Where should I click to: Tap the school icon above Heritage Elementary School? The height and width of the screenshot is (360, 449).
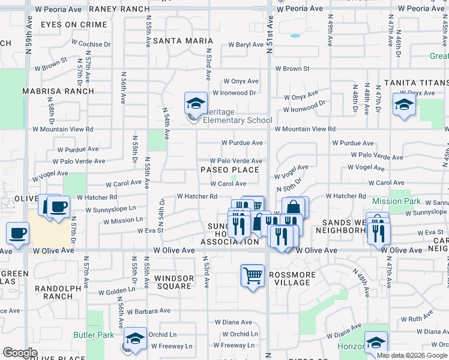(x=196, y=104)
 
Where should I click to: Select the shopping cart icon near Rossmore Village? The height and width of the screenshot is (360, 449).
(x=253, y=276)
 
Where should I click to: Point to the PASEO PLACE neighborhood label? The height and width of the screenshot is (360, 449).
(x=230, y=170)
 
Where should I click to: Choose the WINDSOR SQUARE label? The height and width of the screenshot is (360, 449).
(x=173, y=282)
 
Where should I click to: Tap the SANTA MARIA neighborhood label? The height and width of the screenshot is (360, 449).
(x=175, y=41)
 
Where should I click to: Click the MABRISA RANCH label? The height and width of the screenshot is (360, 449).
(x=58, y=91)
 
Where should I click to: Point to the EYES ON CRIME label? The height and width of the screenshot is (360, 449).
(x=74, y=25)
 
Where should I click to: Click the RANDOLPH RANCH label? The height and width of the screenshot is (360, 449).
(x=58, y=292)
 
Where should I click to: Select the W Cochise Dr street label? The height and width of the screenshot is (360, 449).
(x=91, y=44)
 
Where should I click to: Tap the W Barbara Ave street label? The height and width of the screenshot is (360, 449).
(x=148, y=311)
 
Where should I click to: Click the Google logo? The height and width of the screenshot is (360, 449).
(x=20, y=353)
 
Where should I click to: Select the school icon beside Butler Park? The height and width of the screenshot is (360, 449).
(x=135, y=339)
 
